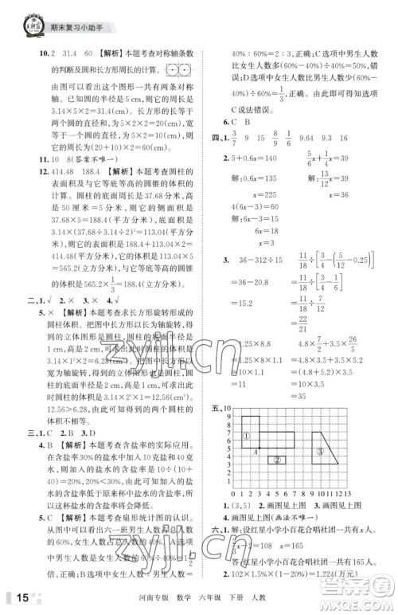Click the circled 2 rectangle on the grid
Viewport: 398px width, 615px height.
(277, 460)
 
